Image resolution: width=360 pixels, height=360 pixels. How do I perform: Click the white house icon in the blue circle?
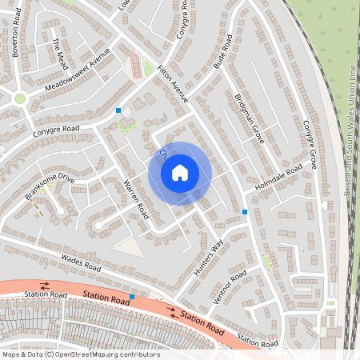[x=180, y=173]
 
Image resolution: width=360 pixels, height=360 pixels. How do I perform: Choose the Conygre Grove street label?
[x=310, y=144]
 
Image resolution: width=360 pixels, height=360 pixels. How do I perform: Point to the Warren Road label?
[x=134, y=199]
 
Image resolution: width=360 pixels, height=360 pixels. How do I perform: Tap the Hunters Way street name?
[x=207, y=258]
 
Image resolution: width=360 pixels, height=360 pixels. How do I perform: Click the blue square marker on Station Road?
[x=132, y=297]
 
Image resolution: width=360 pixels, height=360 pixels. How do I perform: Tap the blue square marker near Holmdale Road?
[x=245, y=211]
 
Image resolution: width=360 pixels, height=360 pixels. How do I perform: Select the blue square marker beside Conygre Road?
[x=118, y=110]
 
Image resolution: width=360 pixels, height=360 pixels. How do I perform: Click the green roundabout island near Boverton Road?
[x=20, y=98]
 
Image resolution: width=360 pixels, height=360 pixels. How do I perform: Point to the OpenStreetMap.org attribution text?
[x=81, y=354]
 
